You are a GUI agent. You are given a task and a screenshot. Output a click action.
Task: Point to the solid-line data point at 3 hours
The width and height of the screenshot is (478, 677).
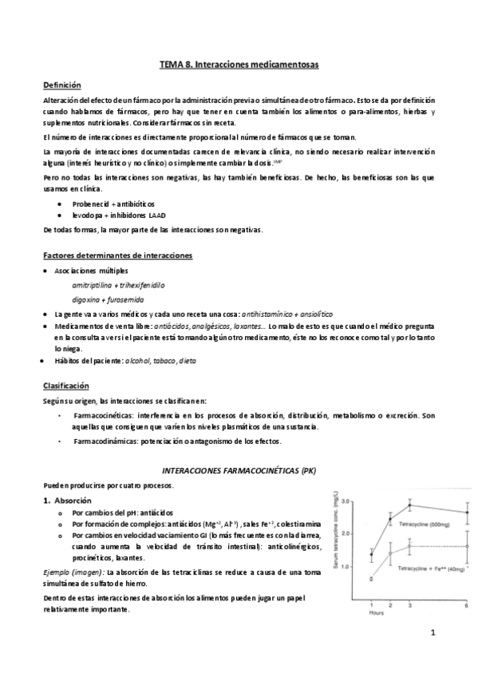(410, 505)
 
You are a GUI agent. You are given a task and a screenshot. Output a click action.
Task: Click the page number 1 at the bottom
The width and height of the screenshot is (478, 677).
(432, 634)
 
